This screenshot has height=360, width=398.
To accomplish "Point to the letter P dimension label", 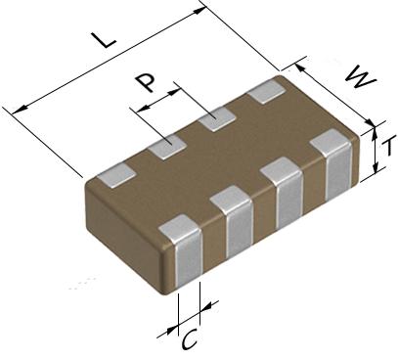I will coord(146,82).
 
